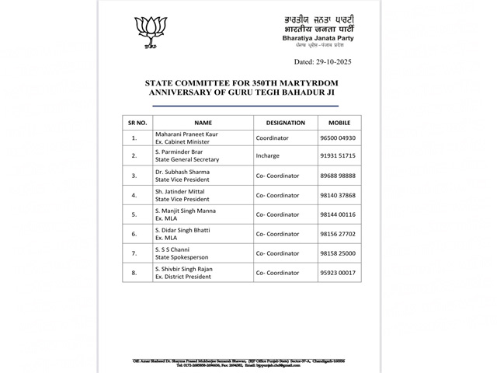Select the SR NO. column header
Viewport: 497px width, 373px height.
coord(137,123)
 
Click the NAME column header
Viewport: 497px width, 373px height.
coord(203,123)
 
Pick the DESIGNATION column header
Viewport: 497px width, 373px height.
coord(285,123)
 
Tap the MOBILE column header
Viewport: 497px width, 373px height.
coord(339,123)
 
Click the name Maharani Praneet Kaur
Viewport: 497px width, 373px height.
coord(186,134)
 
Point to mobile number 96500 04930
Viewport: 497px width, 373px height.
coord(339,138)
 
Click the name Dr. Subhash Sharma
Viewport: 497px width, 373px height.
coord(182,172)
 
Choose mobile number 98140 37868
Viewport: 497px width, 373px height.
coord(339,196)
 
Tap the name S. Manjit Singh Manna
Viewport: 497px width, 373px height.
coord(186,211)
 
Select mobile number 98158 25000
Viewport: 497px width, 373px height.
coord(339,253)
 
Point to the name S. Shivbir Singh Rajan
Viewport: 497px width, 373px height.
coord(184,269)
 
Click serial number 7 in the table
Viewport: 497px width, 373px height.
coord(134,253)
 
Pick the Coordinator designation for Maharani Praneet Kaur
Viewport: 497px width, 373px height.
coord(272,138)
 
